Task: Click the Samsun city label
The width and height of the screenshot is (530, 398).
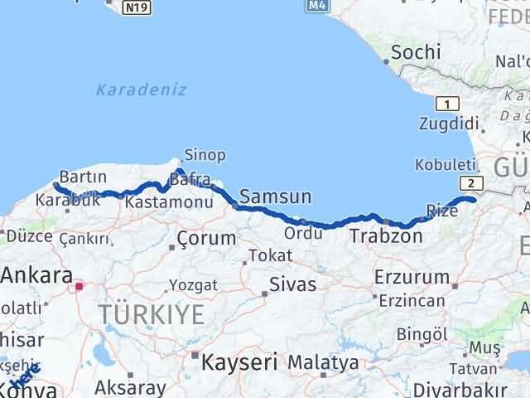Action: pyautogui.click(x=276, y=197)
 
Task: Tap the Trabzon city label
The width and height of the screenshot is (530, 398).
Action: pyautogui.click(x=386, y=237)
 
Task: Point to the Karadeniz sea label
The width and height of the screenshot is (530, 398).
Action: pyautogui.click(x=141, y=90)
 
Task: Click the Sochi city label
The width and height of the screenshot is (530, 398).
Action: pyautogui.click(x=415, y=52)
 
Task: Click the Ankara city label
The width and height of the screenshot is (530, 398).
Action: pyautogui.click(x=36, y=276)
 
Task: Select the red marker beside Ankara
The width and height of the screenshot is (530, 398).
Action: pyautogui.click(x=79, y=287)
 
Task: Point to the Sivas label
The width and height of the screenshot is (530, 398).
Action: pyautogui.click(x=292, y=285)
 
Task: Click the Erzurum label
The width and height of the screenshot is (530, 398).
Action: pyautogui.click(x=412, y=277)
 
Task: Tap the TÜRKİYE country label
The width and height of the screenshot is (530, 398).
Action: pyautogui.click(x=151, y=315)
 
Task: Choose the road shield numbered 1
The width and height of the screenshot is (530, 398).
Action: pyautogui.click(x=447, y=104)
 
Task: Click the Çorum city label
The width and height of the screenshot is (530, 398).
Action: pyautogui.click(x=206, y=239)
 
